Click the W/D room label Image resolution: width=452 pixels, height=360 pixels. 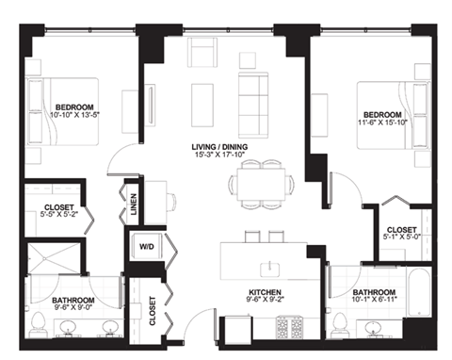148,248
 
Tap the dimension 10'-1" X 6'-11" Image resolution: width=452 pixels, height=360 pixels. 373,303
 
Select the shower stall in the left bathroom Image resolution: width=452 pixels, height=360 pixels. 53,261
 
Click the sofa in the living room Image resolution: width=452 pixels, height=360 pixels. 252,95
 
